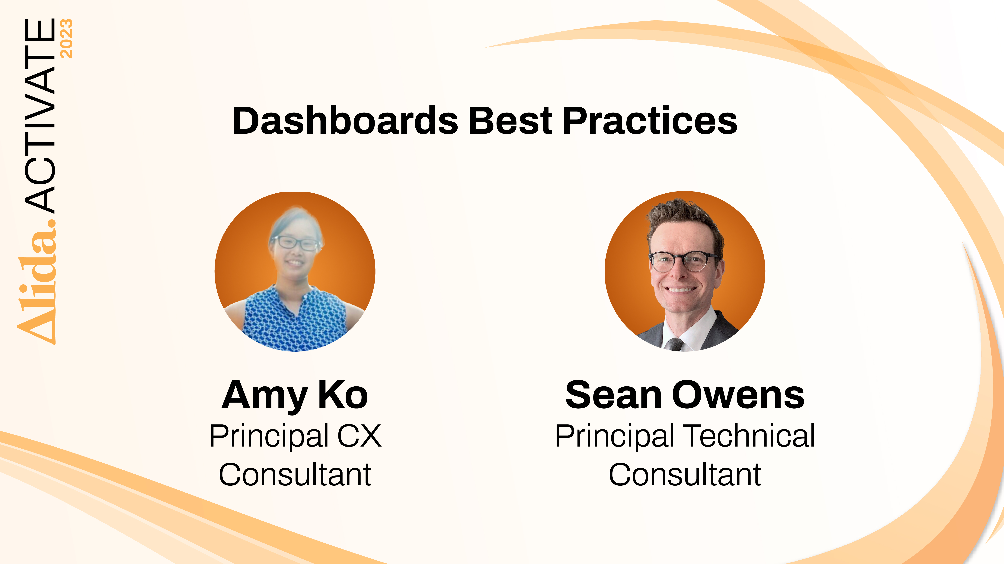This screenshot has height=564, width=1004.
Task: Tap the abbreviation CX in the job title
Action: point(359,436)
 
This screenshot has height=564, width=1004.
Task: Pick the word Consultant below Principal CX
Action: point(295,475)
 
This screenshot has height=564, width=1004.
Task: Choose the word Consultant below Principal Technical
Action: point(685,475)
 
